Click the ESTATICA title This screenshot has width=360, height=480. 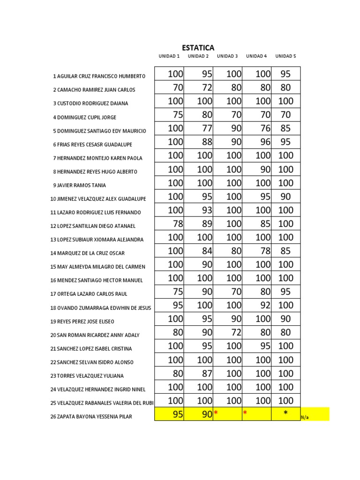tap(198, 48)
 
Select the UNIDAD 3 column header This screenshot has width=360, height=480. tap(227, 56)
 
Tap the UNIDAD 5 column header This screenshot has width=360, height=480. tap(285, 56)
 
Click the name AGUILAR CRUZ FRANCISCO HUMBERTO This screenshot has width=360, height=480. tap(99, 76)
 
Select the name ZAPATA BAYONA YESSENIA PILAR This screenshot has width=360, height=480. tap(92, 416)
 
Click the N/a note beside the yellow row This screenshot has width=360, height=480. tap(305, 417)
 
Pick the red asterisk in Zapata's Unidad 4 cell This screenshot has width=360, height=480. tap(245, 413)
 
